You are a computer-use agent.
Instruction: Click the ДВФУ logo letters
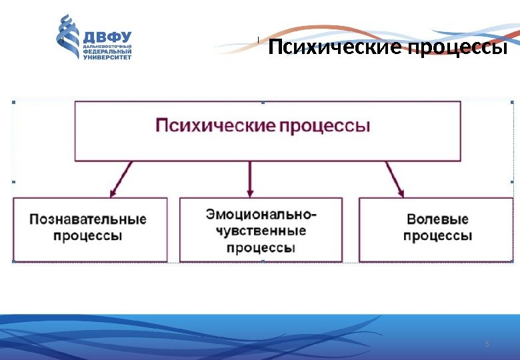coord(107,35)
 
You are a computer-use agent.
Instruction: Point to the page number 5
coord(487,344)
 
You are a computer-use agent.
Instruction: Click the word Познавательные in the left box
coord(88,219)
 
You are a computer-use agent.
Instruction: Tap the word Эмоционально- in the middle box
coord(261,215)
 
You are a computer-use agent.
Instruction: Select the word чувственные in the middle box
coord(261,231)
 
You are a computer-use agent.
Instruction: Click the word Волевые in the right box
coord(437,219)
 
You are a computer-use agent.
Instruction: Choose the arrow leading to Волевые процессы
coord(395,179)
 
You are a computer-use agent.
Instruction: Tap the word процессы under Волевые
coord(437,235)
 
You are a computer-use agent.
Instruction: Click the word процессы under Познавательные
coord(88,235)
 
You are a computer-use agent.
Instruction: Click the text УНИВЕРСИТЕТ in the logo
coord(107,57)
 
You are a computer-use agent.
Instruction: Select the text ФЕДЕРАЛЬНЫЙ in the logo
coord(107,51)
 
